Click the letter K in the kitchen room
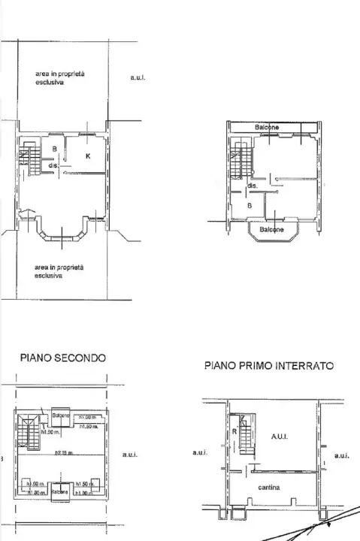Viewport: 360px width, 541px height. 88,156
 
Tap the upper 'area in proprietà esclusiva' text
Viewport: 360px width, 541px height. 59,78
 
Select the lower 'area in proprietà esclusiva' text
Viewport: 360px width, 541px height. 59,271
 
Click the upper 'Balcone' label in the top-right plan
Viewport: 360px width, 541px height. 267,128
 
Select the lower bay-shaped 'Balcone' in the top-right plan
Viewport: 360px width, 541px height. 271,230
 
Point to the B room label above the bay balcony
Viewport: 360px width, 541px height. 250,204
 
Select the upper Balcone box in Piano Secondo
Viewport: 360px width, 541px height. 61,416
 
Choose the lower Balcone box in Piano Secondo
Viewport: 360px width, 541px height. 61,491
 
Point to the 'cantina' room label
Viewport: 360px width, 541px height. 269,488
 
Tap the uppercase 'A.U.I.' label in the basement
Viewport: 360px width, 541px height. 280,436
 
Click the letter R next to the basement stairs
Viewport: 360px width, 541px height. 234,432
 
